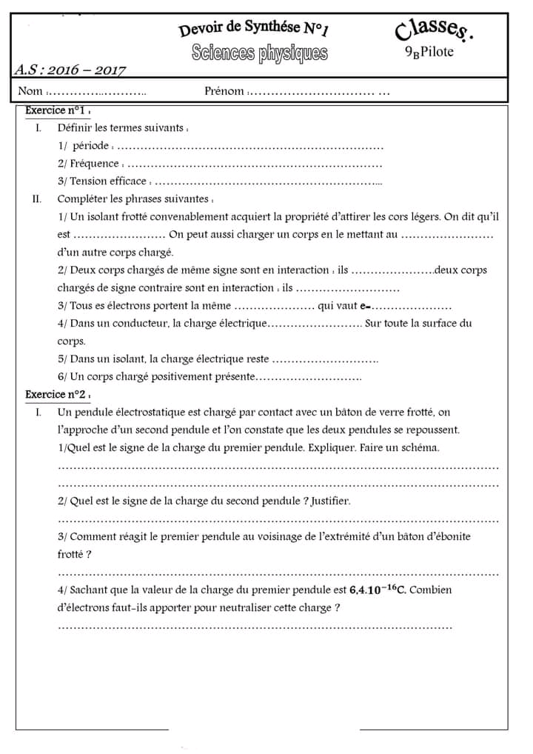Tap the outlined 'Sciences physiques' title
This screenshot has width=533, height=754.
pyautogui.click(x=258, y=53)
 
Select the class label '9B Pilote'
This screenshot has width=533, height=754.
pyautogui.click(x=429, y=52)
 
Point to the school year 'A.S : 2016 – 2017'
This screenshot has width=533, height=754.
pyautogui.click(x=70, y=70)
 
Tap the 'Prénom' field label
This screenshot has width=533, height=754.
pyautogui.click(x=224, y=91)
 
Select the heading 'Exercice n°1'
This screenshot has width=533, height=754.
pyautogui.click(x=56, y=110)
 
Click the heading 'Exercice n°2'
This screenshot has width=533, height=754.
pyautogui.click(x=56, y=395)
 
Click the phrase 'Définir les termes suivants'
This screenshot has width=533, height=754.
pyautogui.click(x=121, y=128)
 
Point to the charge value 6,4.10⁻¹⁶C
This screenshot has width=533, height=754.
pyautogui.click(x=378, y=590)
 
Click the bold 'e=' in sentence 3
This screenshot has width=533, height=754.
pyautogui.click(x=365, y=306)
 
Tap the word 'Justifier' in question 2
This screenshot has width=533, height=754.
pyautogui.click(x=330, y=501)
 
